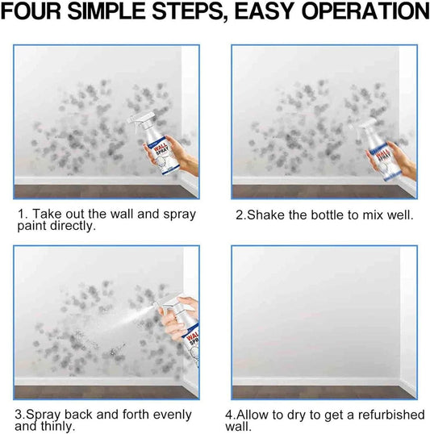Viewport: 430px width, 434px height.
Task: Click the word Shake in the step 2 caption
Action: click(261, 215)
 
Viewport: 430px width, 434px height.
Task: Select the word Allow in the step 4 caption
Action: click(262, 415)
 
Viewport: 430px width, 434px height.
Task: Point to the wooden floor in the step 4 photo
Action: click(323, 393)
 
